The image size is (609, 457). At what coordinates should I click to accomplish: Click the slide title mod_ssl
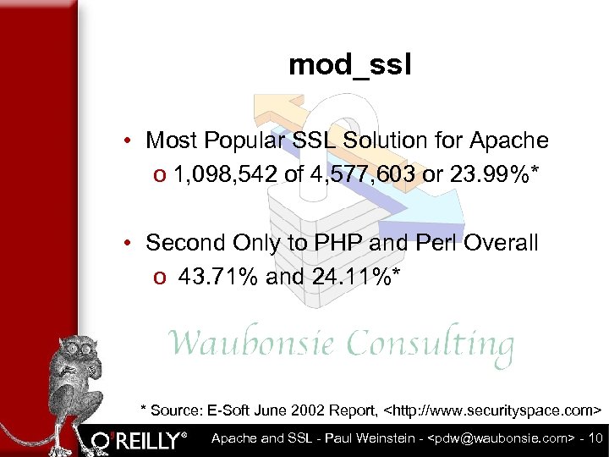pyautogui.click(x=349, y=65)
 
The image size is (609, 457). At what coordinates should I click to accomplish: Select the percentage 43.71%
pyautogui.click(x=218, y=277)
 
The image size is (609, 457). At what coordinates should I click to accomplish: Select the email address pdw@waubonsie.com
pyautogui.click(x=500, y=438)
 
